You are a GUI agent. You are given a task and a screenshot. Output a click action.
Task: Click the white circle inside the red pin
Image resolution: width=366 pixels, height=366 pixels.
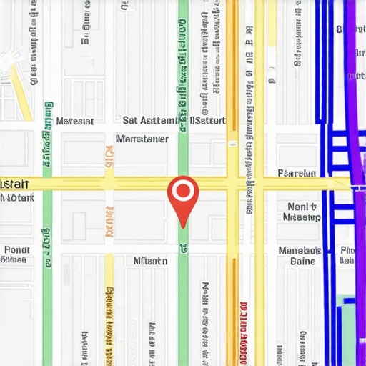183,191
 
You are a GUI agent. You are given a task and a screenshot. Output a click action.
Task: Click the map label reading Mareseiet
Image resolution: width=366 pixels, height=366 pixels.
75,122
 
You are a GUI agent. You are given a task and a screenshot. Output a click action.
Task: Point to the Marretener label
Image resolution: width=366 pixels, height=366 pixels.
142,139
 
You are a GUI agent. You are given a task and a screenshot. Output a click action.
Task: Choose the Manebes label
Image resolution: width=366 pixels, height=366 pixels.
300,251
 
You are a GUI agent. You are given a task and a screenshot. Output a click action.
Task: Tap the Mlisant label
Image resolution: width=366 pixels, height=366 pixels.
150,262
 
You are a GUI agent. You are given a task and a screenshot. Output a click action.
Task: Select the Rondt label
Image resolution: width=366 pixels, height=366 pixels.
16,250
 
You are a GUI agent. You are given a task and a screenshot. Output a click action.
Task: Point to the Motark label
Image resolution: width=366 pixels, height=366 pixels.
17,197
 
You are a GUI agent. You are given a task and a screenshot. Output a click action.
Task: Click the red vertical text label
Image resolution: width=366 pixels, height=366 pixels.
244,325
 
